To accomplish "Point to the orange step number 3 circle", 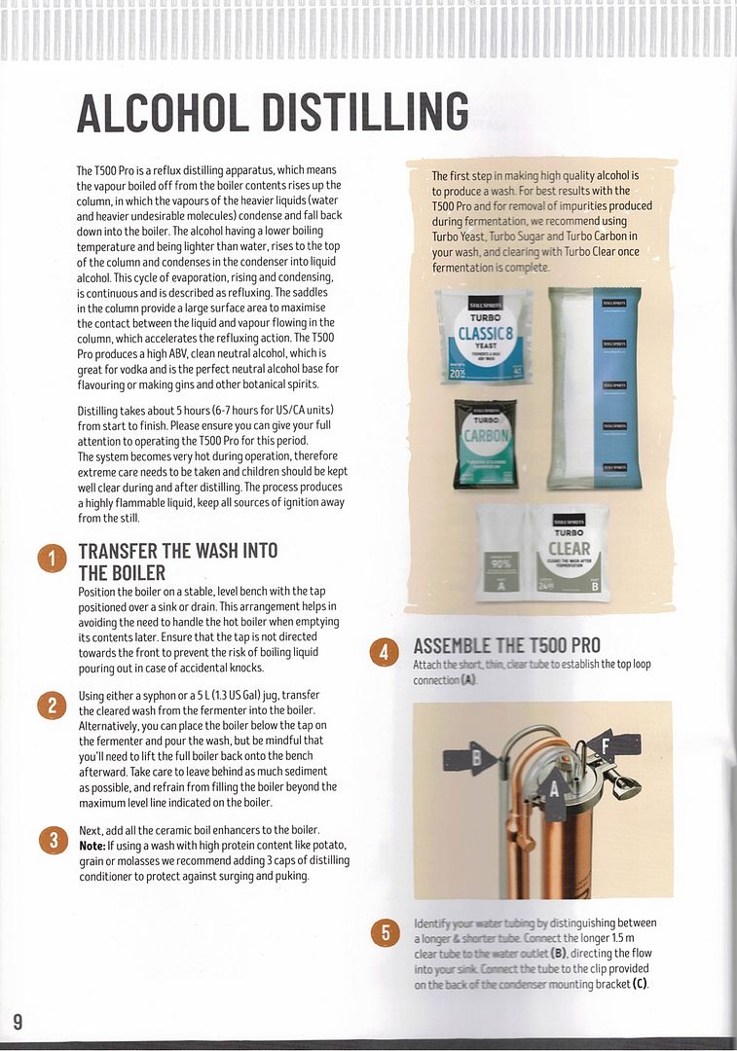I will click(x=52, y=840).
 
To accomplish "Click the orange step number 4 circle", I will click(x=386, y=652).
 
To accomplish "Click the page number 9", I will click(x=18, y=1020).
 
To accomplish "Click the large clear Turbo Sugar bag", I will click(x=594, y=389).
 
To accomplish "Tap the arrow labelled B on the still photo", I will click(x=476, y=758).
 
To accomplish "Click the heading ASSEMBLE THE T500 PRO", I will click(x=507, y=645).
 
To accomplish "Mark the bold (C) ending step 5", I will click(x=639, y=984).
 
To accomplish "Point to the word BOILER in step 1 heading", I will click(x=135, y=573).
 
